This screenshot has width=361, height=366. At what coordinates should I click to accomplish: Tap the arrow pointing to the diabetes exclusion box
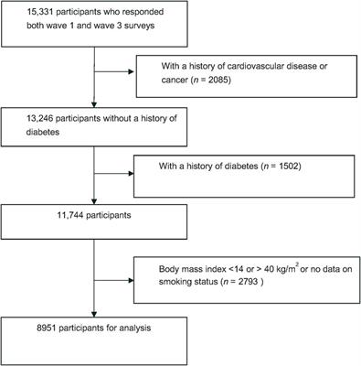pyautogui.click(x=129, y=174)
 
